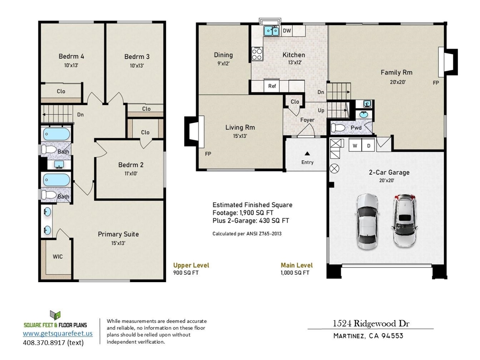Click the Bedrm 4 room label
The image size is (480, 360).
pyautogui.click(x=71, y=57)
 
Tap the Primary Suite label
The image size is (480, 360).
pyautogui.click(x=118, y=234)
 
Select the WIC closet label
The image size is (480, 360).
pyautogui.click(x=58, y=256)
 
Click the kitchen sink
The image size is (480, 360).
pyautogui.click(x=271, y=31)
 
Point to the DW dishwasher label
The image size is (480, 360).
pyautogui.click(x=287, y=31)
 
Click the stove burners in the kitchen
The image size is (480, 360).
pyautogui.click(x=257, y=53)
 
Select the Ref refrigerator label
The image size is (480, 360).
pyautogui.click(x=272, y=86)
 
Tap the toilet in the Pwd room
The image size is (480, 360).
pyautogui.click(x=339, y=127)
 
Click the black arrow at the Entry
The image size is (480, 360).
pyautogui.click(x=307, y=153)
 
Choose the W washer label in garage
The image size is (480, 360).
pyautogui.click(x=355, y=146)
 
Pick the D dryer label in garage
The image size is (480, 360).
pyautogui.click(x=368, y=146)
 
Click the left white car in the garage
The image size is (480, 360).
pyautogui.click(x=367, y=221)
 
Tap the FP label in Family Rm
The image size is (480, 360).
pyautogui.click(x=435, y=82)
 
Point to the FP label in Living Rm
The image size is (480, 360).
pyautogui.click(x=208, y=154)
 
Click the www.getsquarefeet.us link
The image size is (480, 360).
pyautogui.click(x=58, y=334)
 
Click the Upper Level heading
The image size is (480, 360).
pyautogui.click(x=191, y=265)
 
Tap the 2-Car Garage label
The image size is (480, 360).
pyautogui.click(x=389, y=172)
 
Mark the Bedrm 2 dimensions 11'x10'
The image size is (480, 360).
pyautogui.click(x=131, y=173)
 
